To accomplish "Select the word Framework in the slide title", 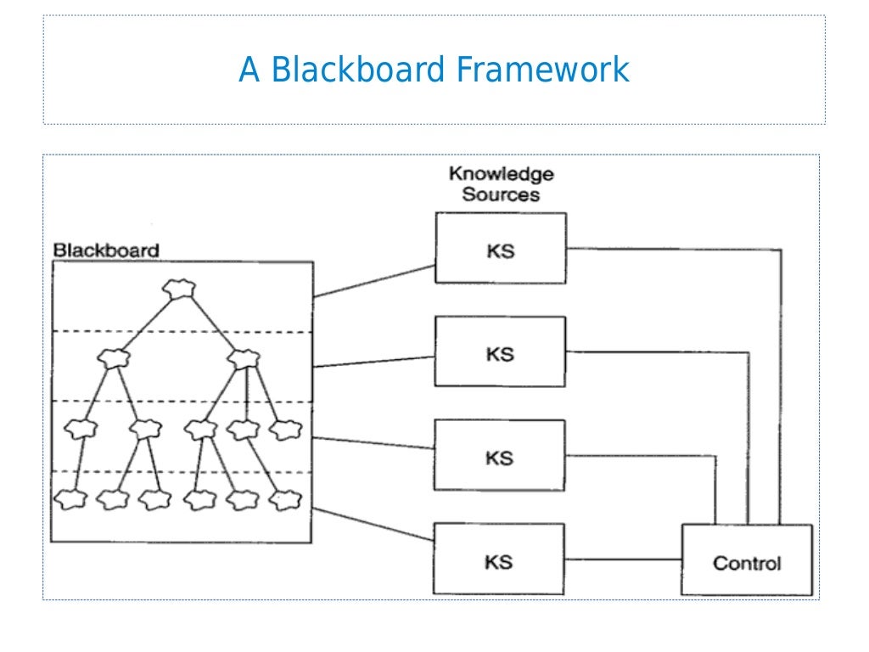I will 542,70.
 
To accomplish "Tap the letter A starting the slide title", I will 249,70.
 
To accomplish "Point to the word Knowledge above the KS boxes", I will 501,174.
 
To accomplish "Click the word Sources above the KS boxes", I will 501,194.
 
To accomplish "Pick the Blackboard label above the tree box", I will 106,250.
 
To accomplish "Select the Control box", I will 747,561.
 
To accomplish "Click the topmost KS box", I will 501,248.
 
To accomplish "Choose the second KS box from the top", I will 501,352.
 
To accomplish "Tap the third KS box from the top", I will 501,457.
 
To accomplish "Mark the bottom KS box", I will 501,561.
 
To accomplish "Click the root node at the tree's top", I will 180,289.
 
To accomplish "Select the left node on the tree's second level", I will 112,359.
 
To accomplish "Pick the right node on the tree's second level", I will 243,359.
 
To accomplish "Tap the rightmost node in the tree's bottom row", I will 284,499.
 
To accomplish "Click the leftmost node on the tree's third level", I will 81,429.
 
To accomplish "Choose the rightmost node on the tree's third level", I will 284,429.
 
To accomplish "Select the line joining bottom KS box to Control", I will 624,559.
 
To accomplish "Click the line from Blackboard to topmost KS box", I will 373,281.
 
